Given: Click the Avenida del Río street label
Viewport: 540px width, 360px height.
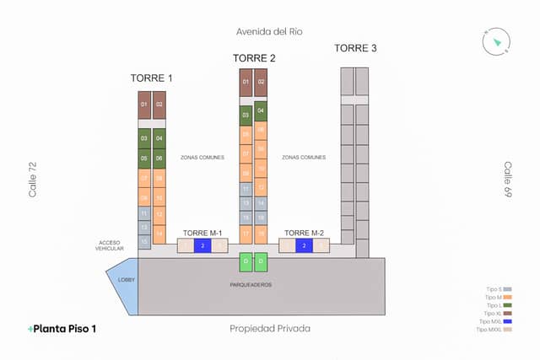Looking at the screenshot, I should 270,32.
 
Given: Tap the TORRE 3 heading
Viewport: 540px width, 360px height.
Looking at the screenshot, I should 355,48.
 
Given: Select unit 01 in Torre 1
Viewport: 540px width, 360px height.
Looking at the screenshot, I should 144,105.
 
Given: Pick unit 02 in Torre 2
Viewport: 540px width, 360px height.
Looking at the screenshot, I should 261,82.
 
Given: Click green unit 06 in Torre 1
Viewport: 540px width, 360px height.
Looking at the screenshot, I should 159,159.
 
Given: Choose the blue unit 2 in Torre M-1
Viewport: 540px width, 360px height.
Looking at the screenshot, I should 202,246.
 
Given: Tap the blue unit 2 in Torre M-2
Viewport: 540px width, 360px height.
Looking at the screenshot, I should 304,246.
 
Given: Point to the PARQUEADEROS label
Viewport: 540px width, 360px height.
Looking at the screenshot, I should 251,285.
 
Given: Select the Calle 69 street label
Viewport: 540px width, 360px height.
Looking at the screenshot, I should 508,180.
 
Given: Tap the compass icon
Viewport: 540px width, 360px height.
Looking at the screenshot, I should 494,40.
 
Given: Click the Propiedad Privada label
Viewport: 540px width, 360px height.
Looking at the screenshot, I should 270,328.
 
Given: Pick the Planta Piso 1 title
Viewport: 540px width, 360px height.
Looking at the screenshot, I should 62,328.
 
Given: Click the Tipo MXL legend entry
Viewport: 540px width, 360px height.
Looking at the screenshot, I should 494,320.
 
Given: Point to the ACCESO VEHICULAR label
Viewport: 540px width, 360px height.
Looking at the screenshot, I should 110,245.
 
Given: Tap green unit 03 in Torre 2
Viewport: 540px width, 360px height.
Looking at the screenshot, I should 246,115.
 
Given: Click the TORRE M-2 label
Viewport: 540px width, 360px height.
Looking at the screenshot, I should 304,233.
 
